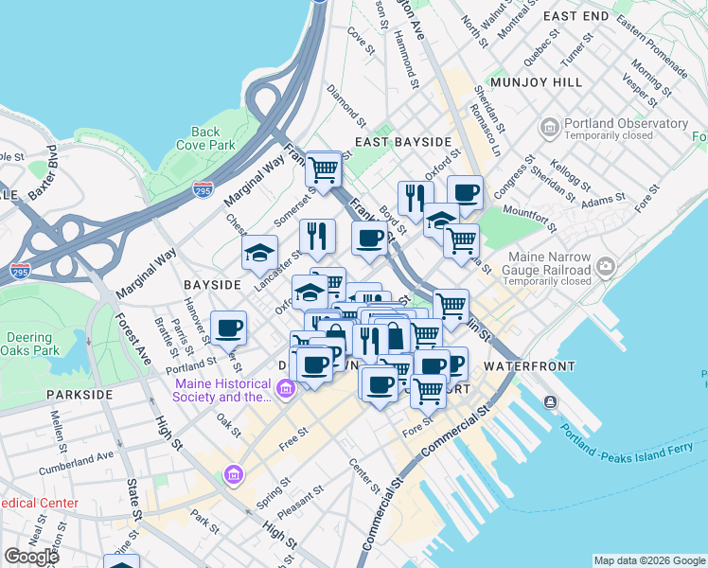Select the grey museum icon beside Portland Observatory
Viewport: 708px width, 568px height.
point(549,127)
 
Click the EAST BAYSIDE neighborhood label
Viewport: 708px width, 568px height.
point(402,142)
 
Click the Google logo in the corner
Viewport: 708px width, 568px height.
point(32,556)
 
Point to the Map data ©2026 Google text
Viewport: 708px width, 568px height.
point(648,560)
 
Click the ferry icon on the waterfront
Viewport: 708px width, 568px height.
point(551,401)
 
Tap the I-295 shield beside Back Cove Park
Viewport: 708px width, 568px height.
point(203,188)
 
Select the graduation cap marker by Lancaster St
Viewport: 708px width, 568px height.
point(259,253)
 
